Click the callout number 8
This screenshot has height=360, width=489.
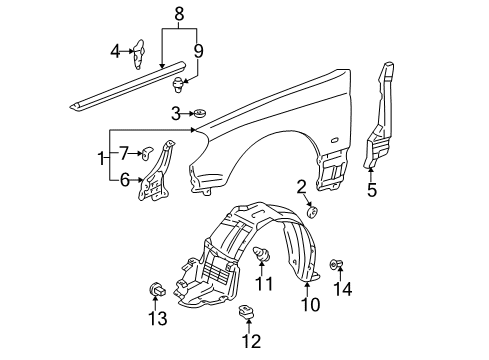(179, 14)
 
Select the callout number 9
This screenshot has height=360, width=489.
(198, 51)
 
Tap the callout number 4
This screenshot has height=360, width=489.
(115, 51)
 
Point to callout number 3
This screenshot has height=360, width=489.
(176, 114)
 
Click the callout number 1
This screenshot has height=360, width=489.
(101, 158)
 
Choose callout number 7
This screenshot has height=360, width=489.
(124, 153)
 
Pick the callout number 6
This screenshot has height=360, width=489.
(124, 180)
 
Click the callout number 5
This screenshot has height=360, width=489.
(372, 190)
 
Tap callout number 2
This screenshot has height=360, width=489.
(301, 187)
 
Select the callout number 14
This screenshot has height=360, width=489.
(343, 289)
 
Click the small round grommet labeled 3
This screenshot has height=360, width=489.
(200, 113)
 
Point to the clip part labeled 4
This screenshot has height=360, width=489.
(139, 54)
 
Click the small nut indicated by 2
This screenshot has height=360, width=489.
(312, 212)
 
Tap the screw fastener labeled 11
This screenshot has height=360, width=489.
(262, 254)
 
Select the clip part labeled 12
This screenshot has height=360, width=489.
(246, 312)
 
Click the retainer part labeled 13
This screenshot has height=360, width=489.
(157, 289)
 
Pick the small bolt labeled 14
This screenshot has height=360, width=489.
(336, 264)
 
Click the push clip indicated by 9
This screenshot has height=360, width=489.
(179, 84)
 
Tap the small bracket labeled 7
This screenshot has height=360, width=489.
(147, 152)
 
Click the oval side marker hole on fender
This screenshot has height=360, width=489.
(334, 140)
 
